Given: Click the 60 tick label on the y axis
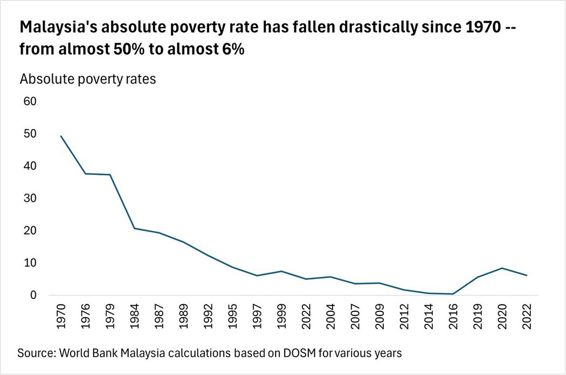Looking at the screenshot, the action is (x=30, y=101).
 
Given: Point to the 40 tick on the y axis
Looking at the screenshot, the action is (x=30, y=166).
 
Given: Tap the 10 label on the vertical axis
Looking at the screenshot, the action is (x=30, y=263).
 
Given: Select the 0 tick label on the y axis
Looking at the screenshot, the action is (x=33, y=295).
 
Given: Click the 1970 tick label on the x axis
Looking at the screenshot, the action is (x=61, y=316).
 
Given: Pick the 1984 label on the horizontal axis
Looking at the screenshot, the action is (x=134, y=316).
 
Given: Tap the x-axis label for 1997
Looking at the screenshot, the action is (x=257, y=316).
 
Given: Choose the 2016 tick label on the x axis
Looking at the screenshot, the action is (x=453, y=316).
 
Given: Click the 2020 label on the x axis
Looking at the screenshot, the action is (x=502, y=316).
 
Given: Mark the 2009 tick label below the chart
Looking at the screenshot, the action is (x=379, y=316).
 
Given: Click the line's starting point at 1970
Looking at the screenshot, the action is (x=60, y=136).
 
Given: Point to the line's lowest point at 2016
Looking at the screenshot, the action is (x=453, y=294).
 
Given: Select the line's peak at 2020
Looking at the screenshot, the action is (x=502, y=268).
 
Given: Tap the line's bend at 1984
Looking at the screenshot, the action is (x=134, y=228).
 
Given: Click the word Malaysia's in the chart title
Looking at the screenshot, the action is (x=58, y=27).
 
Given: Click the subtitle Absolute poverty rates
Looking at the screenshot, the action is (x=88, y=79).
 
